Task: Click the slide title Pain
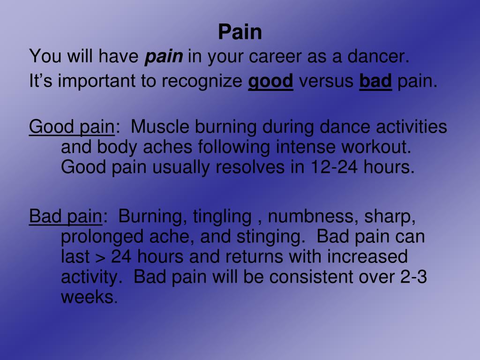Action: point(240,32)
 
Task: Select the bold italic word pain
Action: point(164,57)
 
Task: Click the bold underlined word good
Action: point(270,82)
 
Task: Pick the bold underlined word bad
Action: point(375,82)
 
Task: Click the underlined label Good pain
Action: point(71,127)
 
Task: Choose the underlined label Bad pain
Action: point(65,217)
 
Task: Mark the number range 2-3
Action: point(414,277)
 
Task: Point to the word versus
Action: point(326,82)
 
